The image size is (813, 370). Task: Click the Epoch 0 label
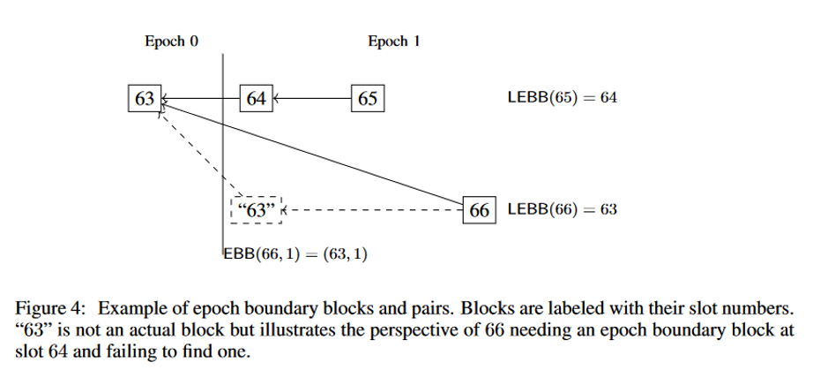pos(171,42)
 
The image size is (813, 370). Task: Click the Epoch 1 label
pos(387,42)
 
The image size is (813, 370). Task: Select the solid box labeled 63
pos(144,98)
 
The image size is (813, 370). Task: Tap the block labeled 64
pos(257,99)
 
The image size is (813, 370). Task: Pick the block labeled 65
pos(368,99)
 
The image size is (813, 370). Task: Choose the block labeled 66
pos(480,210)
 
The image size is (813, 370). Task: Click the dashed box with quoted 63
pos(256,210)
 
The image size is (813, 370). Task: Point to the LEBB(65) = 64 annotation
pos(562,98)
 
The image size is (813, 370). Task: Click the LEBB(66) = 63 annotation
pos(562,210)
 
